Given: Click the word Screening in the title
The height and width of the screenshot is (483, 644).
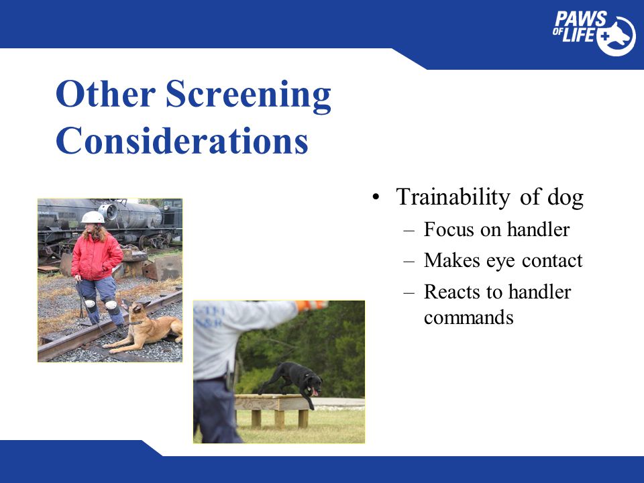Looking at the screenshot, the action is click(x=248, y=95).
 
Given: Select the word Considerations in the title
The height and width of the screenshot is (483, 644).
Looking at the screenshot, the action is click(x=182, y=140).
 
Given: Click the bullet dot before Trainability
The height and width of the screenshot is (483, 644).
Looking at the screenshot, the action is click(x=376, y=197).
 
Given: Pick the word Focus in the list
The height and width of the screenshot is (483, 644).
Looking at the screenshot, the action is click(x=449, y=229).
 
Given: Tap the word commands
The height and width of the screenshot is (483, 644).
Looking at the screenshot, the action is click(x=469, y=317).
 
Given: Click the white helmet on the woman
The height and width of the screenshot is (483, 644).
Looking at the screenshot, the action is click(x=93, y=217).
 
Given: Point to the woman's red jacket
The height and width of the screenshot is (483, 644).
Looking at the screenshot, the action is click(x=97, y=256).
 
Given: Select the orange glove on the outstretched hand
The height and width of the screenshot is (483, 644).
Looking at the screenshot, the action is click(x=311, y=305).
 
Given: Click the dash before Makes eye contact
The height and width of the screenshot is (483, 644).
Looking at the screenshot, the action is click(x=409, y=261).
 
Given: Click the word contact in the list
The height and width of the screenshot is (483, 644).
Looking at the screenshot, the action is click(x=552, y=260).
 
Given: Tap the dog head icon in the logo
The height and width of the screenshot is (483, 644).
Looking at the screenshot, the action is click(x=618, y=36).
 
